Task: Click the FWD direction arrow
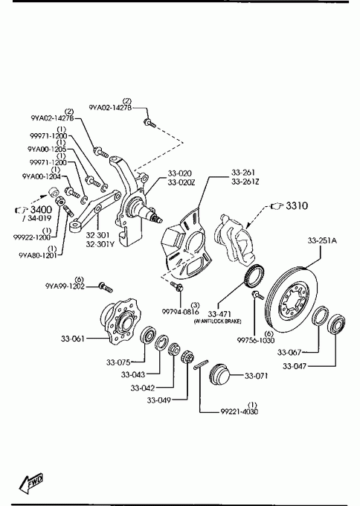click(x=31, y=483)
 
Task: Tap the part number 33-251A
click(x=321, y=240)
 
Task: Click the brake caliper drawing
click(x=236, y=237)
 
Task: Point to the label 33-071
click(x=256, y=376)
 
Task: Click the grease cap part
click(x=219, y=374)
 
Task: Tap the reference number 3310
click(x=297, y=205)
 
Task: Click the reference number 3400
click(x=41, y=209)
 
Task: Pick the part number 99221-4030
click(x=240, y=411)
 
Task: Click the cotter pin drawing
click(x=202, y=365)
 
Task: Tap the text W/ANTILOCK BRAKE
click(x=217, y=321)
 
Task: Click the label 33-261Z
click(x=245, y=182)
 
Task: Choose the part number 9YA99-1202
click(x=65, y=286)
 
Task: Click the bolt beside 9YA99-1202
click(x=106, y=286)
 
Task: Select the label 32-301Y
click(x=100, y=244)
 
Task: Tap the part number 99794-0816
click(x=180, y=312)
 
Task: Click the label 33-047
click(x=295, y=366)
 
